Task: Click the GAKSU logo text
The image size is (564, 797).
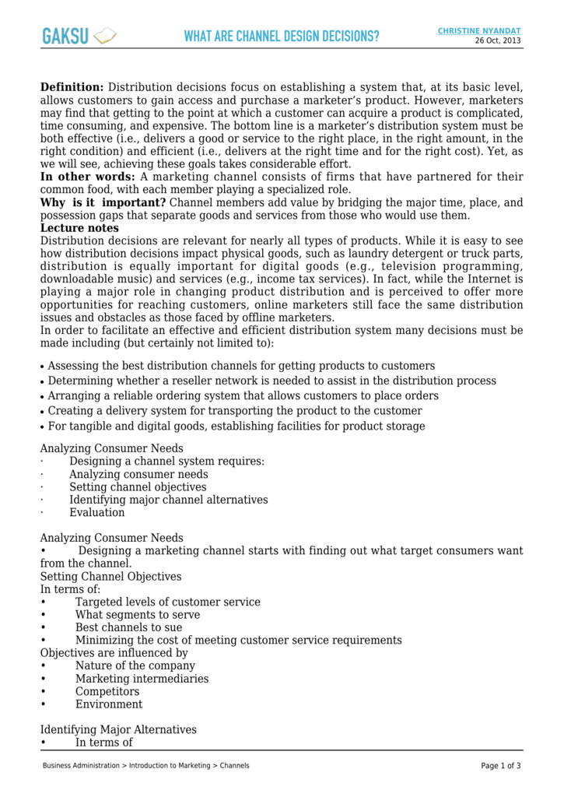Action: point(65,36)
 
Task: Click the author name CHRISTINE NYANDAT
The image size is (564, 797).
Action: point(479,30)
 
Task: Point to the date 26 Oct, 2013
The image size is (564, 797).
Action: point(499,40)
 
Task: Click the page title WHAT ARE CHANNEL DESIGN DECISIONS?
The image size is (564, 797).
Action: point(282,37)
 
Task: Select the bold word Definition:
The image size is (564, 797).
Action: point(72,87)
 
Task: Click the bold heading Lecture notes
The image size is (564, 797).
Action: point(79,228)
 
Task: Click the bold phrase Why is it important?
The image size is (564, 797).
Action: point(103,203)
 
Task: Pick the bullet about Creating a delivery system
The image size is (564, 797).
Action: point(235,411)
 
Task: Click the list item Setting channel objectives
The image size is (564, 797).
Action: point(138,487)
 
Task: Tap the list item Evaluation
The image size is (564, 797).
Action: point(96,513)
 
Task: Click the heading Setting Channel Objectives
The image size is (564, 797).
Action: point(110,577)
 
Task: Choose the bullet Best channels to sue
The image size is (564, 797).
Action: point(128,627)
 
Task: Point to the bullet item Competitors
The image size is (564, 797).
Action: point(107,692)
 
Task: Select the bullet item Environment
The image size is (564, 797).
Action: point(109,704)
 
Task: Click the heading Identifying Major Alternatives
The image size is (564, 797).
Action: point(118,730)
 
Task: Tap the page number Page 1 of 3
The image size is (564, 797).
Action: point(501,766)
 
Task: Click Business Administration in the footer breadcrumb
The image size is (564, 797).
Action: point(81,766)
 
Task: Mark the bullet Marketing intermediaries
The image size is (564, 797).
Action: point(142,679)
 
